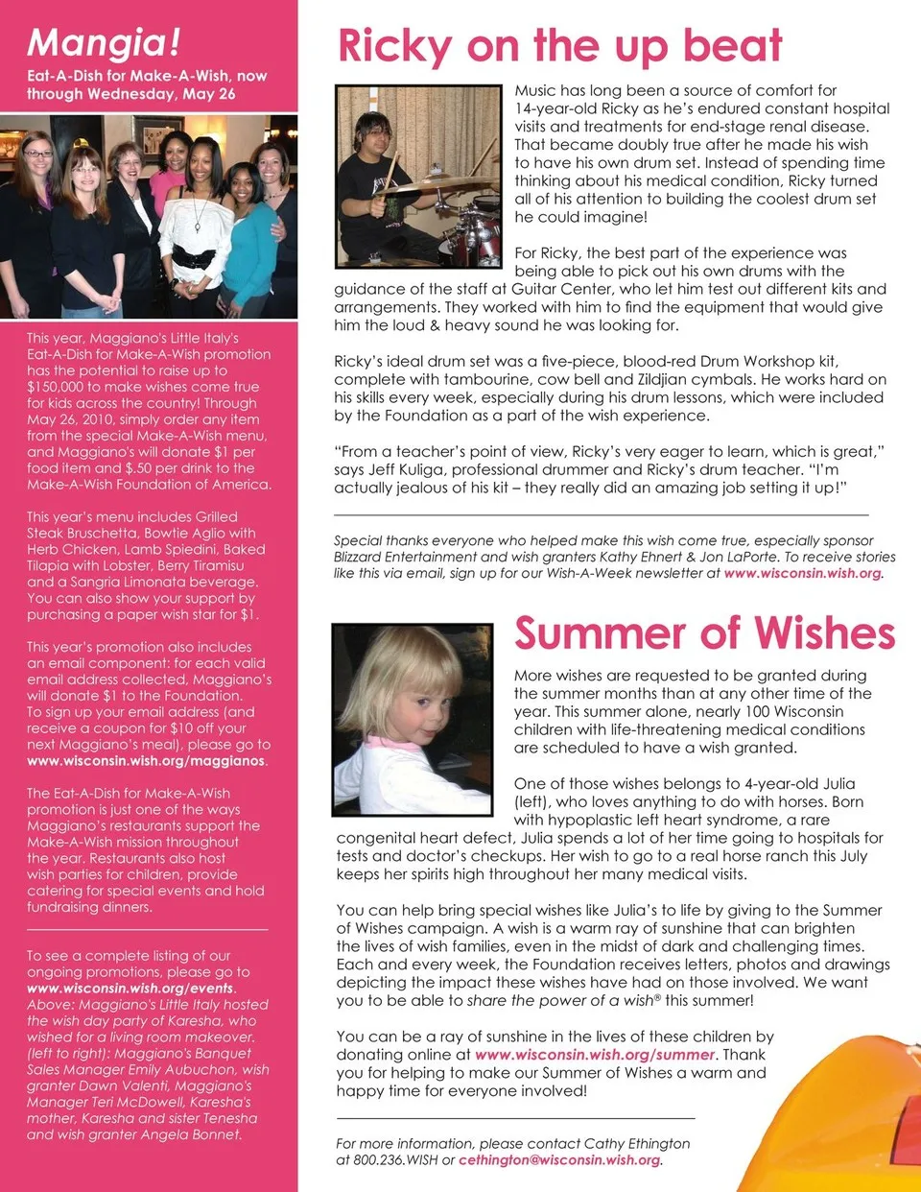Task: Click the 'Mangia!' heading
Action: (x=104, y=42)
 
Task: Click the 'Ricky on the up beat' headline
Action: (x=560, y=45)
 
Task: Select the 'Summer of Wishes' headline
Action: (x=704, y=633)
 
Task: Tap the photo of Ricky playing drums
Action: (x=418, y=176)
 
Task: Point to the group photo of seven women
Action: (x=149, y=217)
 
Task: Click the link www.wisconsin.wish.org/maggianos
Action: (x=146, y=761)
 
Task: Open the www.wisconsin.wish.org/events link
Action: (x=130, y=989)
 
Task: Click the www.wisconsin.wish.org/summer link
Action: (x=595, y=1055)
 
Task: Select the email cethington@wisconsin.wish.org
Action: (x=559, y=1160)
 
